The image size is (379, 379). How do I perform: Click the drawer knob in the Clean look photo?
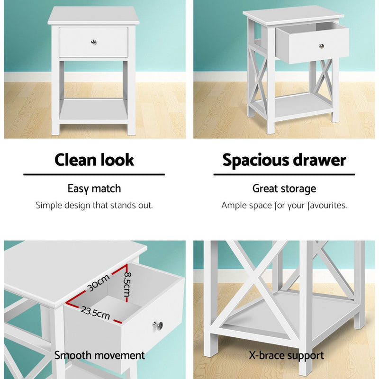[94, 42]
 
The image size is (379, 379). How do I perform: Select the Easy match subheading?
[94, 189]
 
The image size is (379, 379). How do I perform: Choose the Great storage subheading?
[284, 189]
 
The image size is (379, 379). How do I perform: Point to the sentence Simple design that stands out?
[94, 206]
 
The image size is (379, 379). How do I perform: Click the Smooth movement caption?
[99, 355]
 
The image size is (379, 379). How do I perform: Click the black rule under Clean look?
[94, 174]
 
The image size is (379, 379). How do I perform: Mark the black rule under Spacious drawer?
[284, 174]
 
